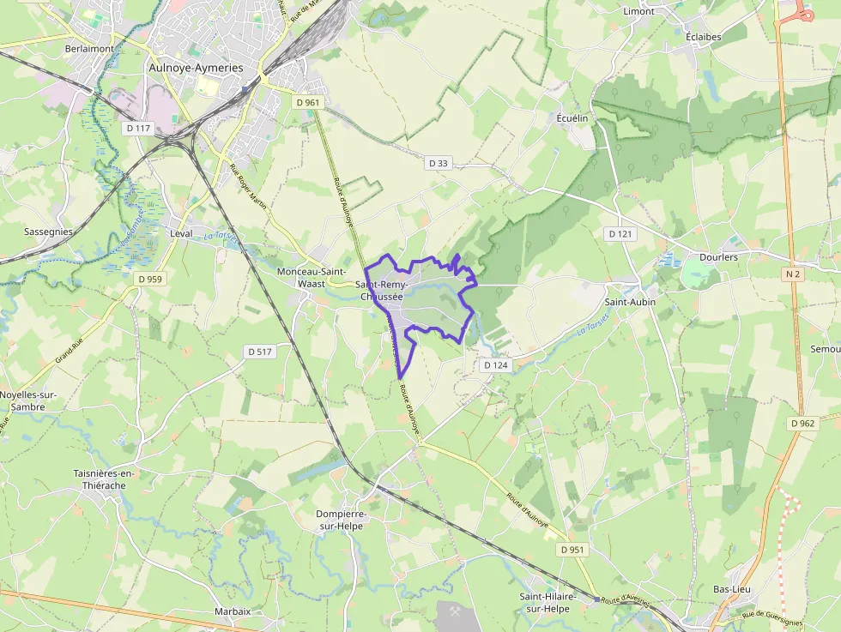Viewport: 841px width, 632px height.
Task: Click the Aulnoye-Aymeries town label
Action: pos(196,68)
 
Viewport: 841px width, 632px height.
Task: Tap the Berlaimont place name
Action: pos(89,49)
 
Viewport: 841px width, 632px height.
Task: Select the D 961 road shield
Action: pos(307,103)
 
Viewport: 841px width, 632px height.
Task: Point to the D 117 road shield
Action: pos(137,128)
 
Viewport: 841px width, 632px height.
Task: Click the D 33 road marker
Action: pos(438,163)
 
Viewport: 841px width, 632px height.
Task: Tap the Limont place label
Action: pos(638,11)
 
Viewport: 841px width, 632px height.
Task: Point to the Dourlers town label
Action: pos(718,256)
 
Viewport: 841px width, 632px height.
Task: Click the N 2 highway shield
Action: pos(792,274)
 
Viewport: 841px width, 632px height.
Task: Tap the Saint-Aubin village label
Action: pos(631,302)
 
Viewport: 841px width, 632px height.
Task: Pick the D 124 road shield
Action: pos(496,365)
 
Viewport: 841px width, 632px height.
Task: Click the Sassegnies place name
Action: pos(48,232)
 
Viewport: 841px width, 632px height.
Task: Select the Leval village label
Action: pos(181,233)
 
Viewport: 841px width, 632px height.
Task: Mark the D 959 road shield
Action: pos(149,279)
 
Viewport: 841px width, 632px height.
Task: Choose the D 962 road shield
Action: pos(802,424)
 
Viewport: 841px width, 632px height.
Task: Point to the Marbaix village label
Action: pos(233,611)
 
